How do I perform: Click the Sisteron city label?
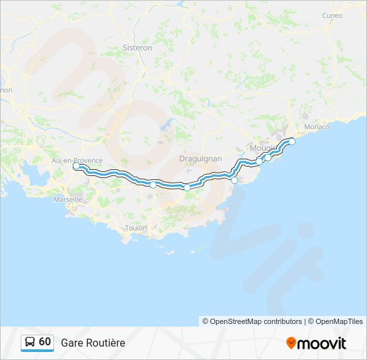[138, 48]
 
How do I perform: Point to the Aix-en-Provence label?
[77, 161]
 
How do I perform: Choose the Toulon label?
[135, 228]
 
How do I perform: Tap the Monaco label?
[316, 127]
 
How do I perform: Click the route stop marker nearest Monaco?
[292, 141]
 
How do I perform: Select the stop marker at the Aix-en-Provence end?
[76, 166]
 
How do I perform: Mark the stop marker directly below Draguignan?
[188, 187]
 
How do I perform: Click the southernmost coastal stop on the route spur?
[234, 180]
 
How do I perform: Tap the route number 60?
[45, 342]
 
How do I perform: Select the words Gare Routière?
[93, 343]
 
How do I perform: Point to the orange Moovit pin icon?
[291, 343]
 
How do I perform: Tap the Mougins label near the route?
[262, 148]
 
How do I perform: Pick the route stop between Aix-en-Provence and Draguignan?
[153, 185]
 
